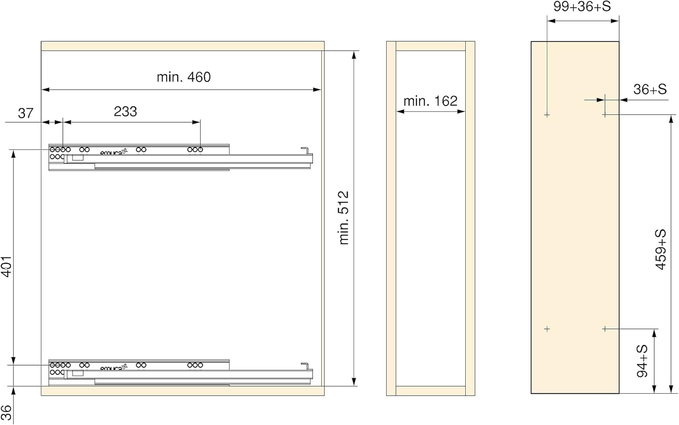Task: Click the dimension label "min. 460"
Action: pos(184,77)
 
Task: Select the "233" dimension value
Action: pos(125,111)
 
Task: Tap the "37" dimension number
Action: pos(25,113)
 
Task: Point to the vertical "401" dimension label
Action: pos(7,267)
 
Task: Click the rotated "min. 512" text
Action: pos(344,218)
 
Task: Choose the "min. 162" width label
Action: pos(430,101)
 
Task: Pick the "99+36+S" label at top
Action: pos(582,6)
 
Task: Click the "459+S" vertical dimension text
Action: pos(661,249)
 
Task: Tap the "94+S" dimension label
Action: pos(642,361)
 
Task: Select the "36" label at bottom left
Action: pos(6,413)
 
